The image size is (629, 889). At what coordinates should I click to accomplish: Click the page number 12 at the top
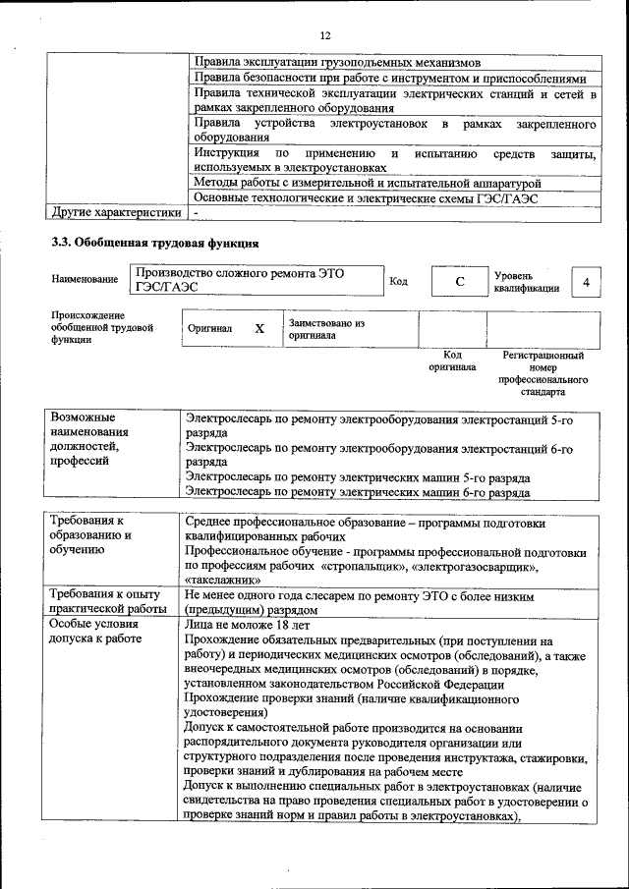click(325, 36)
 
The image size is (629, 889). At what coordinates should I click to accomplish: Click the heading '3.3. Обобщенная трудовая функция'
click(155, 243)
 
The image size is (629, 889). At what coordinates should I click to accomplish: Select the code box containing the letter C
click(458, 283)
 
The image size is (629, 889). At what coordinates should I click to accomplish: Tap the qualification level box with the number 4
click(586, 283)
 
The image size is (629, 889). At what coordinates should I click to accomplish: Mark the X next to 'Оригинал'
click(259, 329)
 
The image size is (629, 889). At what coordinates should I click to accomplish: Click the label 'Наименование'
click(84, 280)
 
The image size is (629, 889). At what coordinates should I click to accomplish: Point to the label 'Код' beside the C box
click(399, 282)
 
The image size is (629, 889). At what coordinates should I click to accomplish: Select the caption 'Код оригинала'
click(452, 361)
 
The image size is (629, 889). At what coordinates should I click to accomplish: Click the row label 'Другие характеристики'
click(116, 212)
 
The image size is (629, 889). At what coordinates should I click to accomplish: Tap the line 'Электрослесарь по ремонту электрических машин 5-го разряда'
click(359, 477)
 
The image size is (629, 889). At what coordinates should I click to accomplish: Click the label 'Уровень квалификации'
click(527, 282)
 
